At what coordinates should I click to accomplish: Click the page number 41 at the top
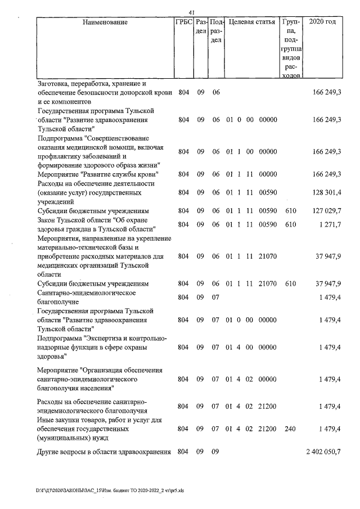[x=191, y=12]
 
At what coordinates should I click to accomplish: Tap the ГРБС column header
[x=184, y=22]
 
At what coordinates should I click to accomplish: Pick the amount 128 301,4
[x=327, y=192]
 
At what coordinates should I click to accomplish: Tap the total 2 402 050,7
[x=323, y=452]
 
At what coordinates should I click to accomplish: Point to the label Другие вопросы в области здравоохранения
[x=103, y=452]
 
